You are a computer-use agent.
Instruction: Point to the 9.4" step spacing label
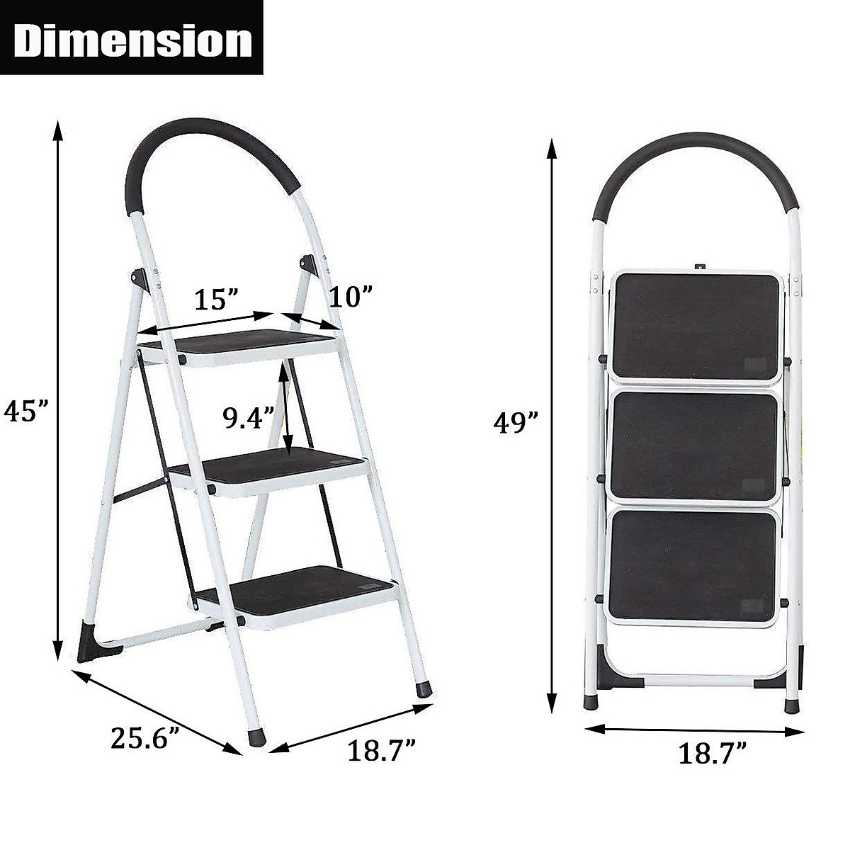(249, 418)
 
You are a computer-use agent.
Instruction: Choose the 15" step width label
(216, 300)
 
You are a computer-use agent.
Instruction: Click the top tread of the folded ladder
(698, 324)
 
